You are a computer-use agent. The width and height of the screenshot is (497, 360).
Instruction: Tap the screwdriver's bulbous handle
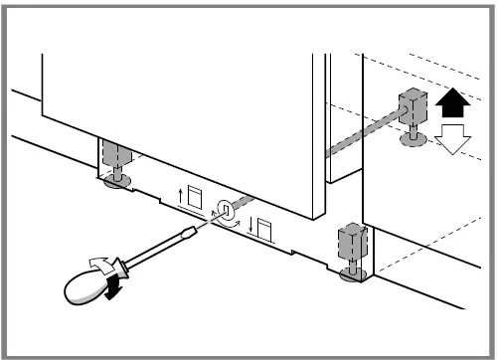pyautogui.click(x=88, y=288)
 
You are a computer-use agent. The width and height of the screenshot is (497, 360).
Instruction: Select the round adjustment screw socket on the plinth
pyautogui.click(x=226, y=210)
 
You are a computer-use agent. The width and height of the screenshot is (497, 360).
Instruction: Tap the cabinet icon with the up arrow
pyautogui.click(x=194, y=194)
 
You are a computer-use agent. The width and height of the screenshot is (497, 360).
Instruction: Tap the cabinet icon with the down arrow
pyautogui.click(x=266, y=231)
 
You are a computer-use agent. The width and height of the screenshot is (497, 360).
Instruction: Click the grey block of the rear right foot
pyautogui.click(x=411, y=106)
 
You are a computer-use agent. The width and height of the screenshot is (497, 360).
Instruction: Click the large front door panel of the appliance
pyautogui.click(x=179, y=109)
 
